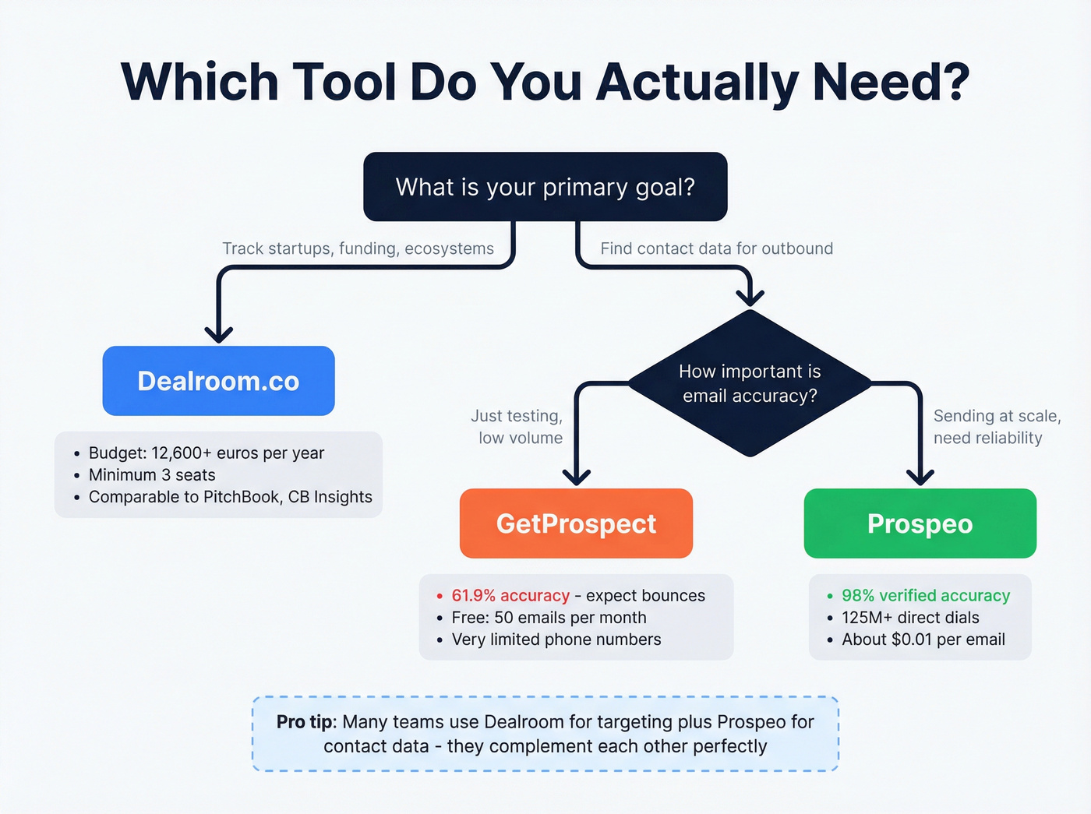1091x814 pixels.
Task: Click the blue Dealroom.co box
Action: (218, 381)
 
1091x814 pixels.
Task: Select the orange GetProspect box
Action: (576, 523)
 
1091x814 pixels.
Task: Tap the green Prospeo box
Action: (920, 523)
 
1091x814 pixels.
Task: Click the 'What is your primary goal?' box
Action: (545, 187)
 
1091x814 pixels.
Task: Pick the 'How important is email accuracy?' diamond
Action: (750, 383)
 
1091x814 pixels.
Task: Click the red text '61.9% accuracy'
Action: (510, 596)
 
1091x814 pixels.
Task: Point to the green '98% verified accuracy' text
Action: (925, 596)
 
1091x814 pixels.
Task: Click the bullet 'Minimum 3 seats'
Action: (152, 475)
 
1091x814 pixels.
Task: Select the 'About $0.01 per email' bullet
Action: (923, 640)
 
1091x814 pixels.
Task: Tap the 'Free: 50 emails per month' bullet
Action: (549, 618)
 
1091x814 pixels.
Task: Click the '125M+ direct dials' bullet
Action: (910, 618)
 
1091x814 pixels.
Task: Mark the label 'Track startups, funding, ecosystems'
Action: (358, 248)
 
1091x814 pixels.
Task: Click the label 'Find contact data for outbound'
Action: (716, 248)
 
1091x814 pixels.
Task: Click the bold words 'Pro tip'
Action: (305, 722)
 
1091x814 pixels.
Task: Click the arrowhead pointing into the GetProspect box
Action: (577, 477)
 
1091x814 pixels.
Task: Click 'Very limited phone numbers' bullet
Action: (556, 640)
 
